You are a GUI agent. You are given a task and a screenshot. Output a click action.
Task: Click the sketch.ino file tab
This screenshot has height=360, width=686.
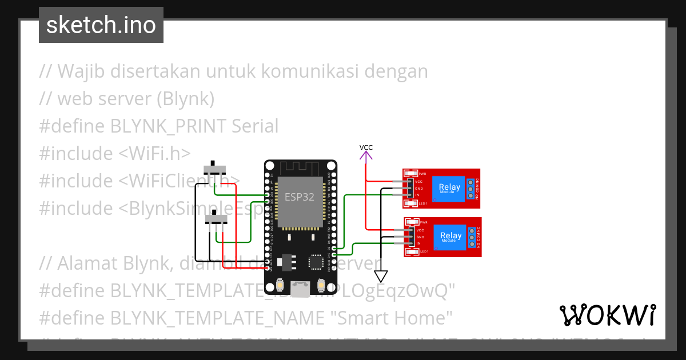point(101,25)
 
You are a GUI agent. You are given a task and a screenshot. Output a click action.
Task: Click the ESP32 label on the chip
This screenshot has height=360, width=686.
point(300,198)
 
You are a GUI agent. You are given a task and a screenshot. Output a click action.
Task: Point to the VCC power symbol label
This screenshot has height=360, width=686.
point(366,147)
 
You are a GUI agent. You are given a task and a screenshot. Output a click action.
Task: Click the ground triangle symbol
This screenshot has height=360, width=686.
point(380,277)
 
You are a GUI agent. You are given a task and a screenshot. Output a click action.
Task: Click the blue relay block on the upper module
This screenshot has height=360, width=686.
point(449,188)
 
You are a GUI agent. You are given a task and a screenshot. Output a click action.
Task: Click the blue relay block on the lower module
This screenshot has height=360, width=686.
point(450,237)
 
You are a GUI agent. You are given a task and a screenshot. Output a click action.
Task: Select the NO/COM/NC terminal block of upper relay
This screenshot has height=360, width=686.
point(471,188)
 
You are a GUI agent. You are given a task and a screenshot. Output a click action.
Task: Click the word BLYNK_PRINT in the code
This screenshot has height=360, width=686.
point(174,126)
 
